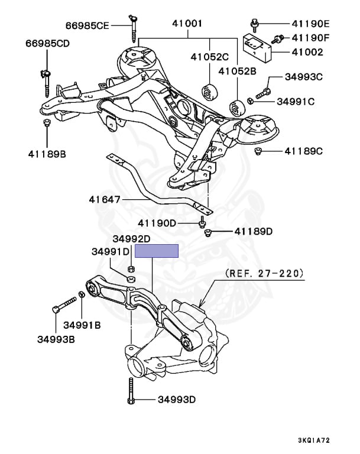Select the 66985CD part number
pos(47,44)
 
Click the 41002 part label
pos(309,53)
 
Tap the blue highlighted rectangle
pos(157,251)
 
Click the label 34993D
pos(176,400)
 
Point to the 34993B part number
pos(56,339)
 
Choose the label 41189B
pos(47,154)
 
